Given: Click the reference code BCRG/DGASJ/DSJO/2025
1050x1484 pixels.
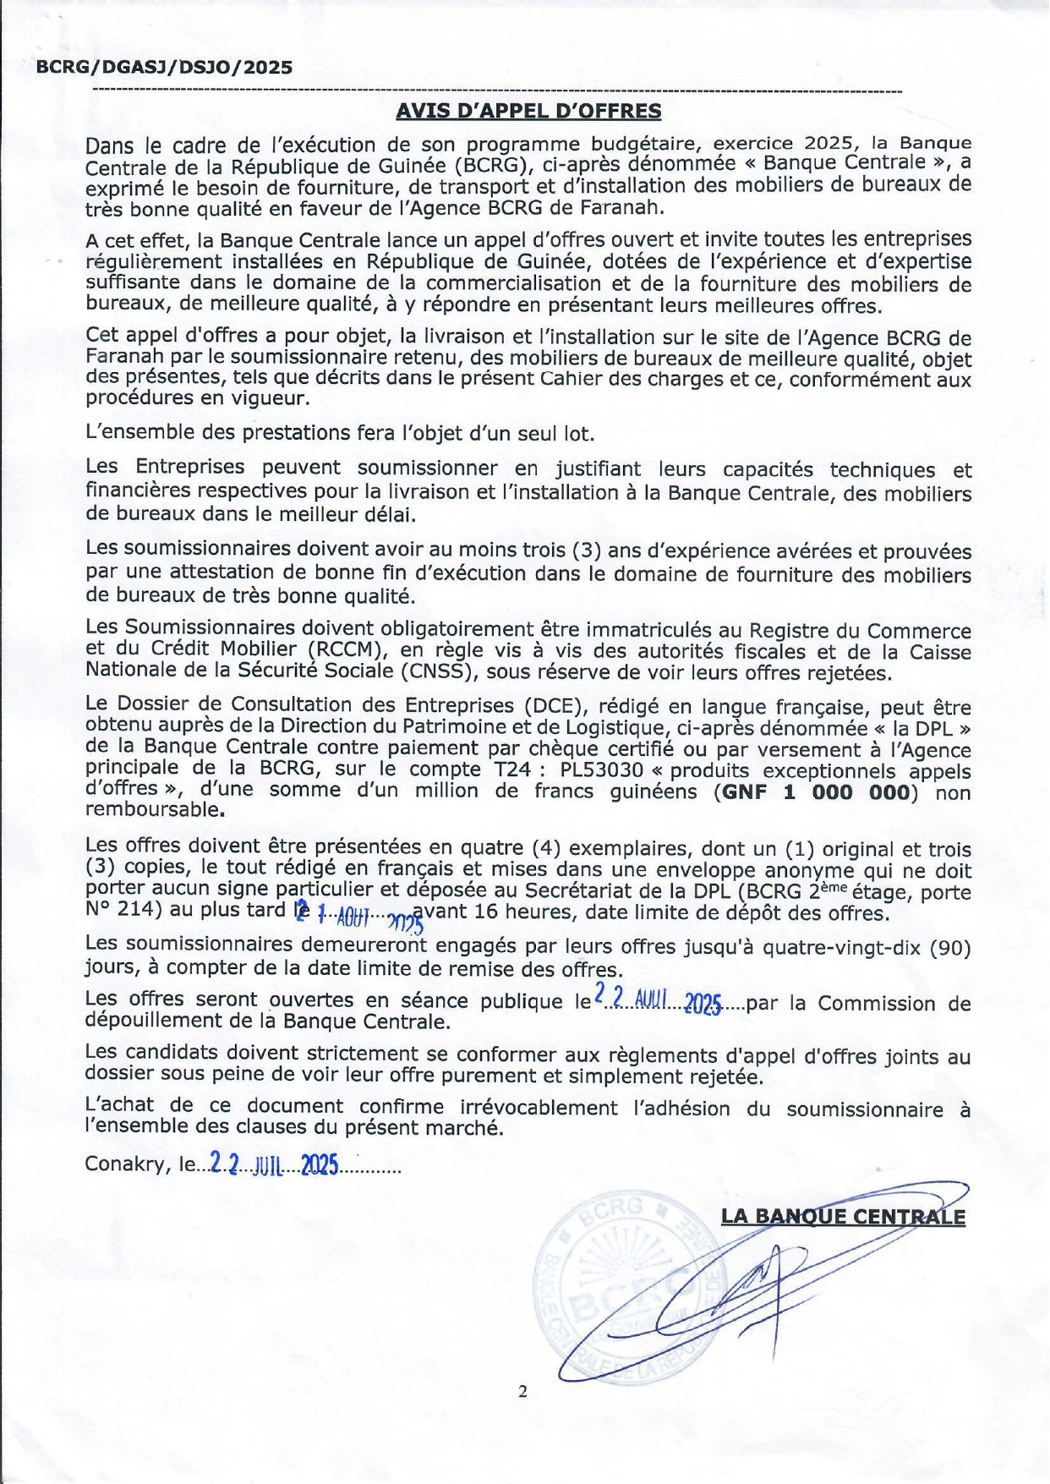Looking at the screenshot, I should pos(164,68).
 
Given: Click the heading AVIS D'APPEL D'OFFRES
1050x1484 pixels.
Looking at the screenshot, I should pos(528,111).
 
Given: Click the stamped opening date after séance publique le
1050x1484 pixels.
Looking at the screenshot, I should pos(658,1001).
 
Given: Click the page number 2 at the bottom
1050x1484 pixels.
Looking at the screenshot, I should pos(522,1391).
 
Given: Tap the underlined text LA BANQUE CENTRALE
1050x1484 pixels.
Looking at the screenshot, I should pos(842,1216).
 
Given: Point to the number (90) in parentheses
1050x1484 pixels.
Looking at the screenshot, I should pos(949,948).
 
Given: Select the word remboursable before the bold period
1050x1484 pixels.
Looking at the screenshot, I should pos(152,809).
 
